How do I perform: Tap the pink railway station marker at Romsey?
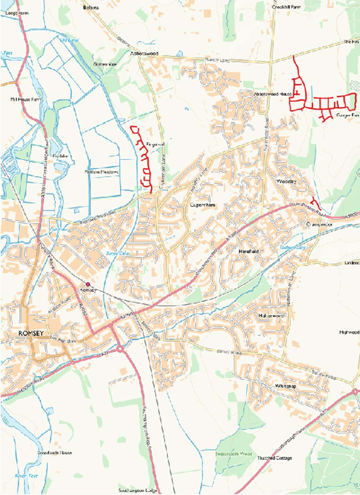click(87, 284)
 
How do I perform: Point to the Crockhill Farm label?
click(286, 8)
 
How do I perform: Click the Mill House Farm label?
click(26, 100)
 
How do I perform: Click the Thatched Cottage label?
click(275, 458)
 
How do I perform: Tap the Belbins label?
click(92, 8)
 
